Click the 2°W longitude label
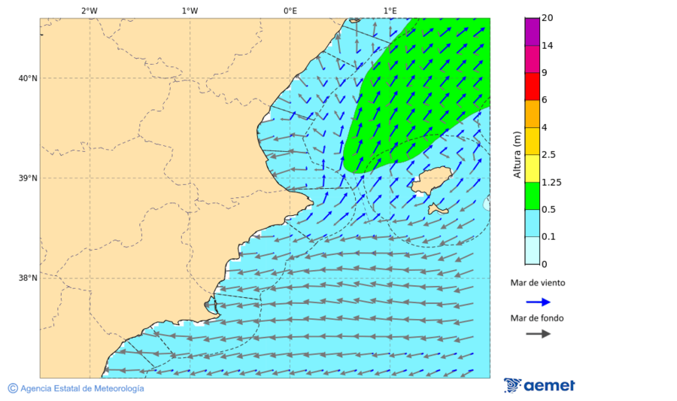point(89,11)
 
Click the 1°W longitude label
point(190,11)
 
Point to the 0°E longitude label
point(290,11)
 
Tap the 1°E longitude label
point(390,11)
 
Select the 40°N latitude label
point(28,78)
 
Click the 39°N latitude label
point(28,178)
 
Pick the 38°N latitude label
point(28,278)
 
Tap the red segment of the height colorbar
point(532,86)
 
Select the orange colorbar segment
point(532,113)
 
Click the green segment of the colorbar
point(532,195)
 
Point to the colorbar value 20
point(548,18)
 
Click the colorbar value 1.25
point(551,182)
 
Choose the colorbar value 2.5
point(549,155)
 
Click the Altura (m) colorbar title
point(517,154)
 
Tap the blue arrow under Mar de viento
point(538,302)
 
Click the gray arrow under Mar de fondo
point(538,334)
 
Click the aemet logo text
point(549,386)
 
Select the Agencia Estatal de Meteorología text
point(81,388)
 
